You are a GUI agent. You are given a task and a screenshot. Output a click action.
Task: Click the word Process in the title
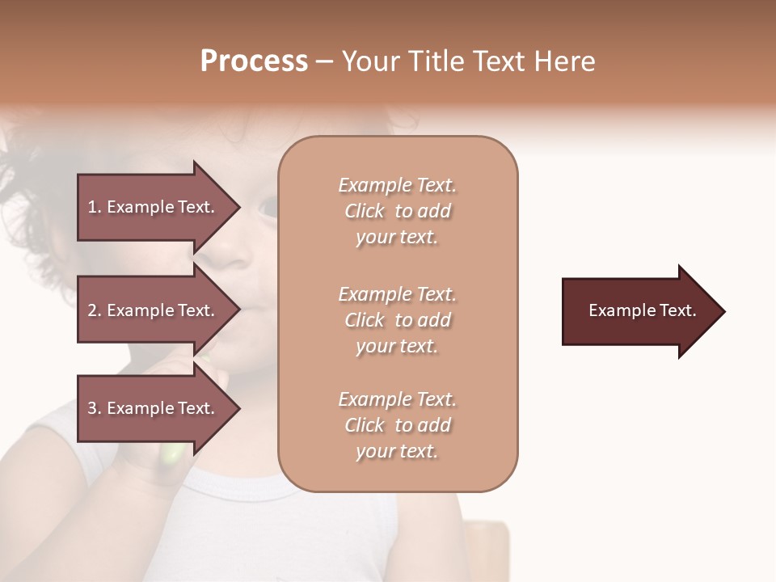pos(254,61)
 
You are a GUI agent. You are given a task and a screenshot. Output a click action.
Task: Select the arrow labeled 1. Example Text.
pos(154,207)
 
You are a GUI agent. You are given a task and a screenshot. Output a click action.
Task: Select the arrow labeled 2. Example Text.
pos(154,310)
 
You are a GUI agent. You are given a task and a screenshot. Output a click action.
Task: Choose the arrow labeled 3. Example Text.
pos(154,408)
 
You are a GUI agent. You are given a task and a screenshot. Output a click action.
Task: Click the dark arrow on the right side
pos(639,310)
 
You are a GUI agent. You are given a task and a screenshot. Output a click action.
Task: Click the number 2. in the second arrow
pos(95,310)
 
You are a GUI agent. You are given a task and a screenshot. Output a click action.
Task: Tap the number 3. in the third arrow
pos(95,408)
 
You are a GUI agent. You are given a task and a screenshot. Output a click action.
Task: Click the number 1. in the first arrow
pos(94,207)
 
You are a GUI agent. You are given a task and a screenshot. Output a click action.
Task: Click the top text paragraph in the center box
pos(397,211)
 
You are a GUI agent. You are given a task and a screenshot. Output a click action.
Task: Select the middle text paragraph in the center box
pos(397,320)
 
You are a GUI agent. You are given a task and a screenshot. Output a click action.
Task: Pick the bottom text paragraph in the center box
pos(397,425)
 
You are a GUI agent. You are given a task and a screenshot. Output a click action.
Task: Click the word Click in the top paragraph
pos(364,211)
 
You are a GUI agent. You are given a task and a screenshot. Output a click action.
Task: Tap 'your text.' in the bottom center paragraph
pos(397,451)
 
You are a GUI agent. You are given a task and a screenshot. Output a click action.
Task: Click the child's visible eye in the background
pos(268,208)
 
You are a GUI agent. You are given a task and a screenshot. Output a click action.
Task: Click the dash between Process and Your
pos(324,61)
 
